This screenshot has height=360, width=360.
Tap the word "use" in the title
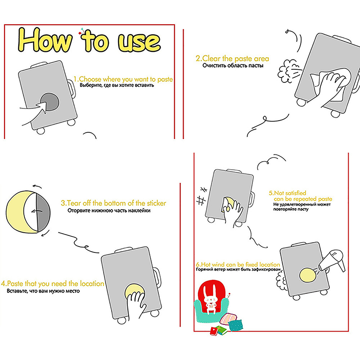[x=139, y=42]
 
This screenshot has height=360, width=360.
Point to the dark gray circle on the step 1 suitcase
[x=50, y=102]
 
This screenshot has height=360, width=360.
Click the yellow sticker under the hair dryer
[x=308, y=275]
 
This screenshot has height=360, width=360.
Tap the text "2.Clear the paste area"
[x=232, y=58]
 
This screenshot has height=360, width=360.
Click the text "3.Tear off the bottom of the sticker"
[x=113, y=203]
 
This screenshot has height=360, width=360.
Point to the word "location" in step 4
[x=91, y=284]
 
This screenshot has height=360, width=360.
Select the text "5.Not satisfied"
[x=288, y=193]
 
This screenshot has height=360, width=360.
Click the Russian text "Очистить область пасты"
[x=233, y=66]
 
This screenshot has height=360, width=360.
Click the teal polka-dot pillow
[x=235, y=325]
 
